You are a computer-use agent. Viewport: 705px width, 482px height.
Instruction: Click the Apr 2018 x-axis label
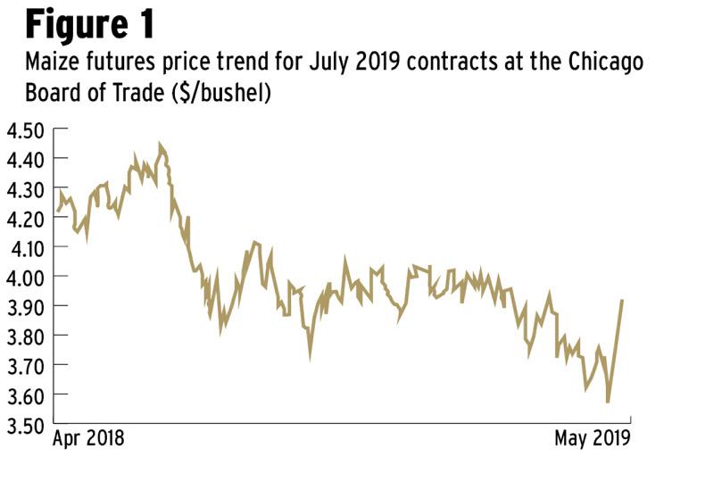point(88,439)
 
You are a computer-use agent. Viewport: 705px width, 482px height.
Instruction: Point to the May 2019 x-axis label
point(592,439)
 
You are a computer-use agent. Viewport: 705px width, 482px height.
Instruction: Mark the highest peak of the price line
point(160,143)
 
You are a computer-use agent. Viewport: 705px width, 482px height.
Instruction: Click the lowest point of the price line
point(608,403)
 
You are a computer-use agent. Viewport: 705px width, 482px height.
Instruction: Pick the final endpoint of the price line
point(622,301)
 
